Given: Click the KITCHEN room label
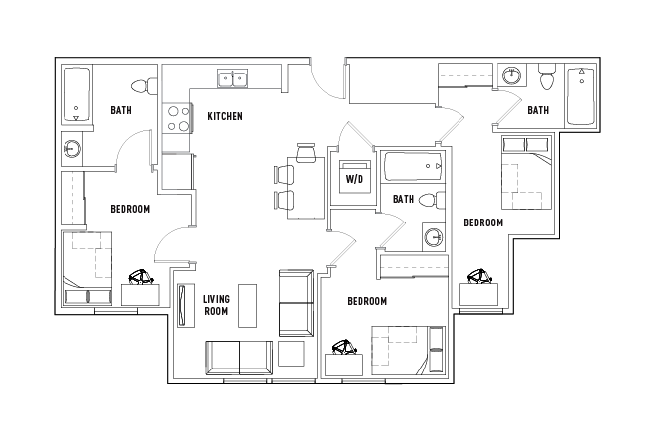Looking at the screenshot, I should [225, 117].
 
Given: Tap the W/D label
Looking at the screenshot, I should [353, 178].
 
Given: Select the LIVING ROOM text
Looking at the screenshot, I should [216, 305].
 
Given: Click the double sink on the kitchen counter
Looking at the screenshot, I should [234, 77].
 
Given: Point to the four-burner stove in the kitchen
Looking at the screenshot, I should [177, 119].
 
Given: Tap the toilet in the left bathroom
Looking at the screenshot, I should [149, 86].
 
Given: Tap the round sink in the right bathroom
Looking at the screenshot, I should [510, 75].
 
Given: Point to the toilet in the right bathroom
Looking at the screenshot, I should [545, 77].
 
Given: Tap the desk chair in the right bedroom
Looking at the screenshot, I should [480, 275].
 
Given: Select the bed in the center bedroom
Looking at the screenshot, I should [401, 350].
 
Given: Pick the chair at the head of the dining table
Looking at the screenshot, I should [304, 151].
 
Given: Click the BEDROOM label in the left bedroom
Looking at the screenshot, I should [129, 209].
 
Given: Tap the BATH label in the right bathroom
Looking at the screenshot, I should [538, 110].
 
